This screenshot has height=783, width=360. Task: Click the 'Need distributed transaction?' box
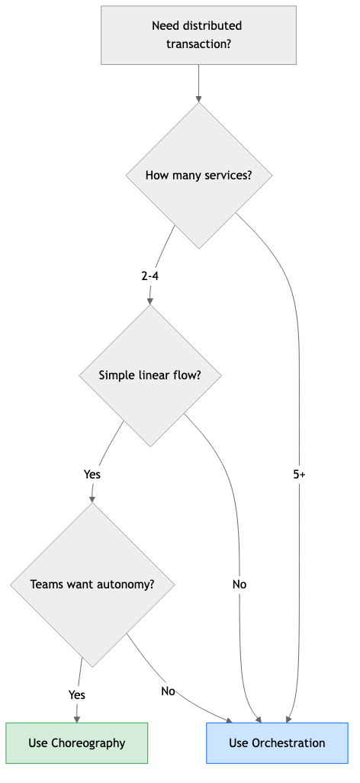tap(198, 35)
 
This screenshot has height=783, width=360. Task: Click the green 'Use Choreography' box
tap(76, 743)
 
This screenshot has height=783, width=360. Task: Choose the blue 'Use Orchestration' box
tap(277, 743)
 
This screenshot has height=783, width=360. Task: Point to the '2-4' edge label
tap(150, 276)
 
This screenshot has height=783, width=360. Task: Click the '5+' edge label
tap(300, 475)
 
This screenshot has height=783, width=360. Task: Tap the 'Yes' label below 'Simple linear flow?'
tap(92, 475)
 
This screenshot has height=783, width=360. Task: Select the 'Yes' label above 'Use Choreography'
tap(76, 694)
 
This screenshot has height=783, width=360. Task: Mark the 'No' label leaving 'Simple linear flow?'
tap(239, 585)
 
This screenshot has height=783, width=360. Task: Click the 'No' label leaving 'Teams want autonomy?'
tap(168, 691)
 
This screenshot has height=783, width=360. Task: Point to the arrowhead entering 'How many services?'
tap(199, 98)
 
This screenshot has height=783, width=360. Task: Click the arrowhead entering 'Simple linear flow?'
tap(150, 301)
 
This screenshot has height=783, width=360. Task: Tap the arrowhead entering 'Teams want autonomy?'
tap(92, 501)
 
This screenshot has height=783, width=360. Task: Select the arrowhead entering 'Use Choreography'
tap(76, 718)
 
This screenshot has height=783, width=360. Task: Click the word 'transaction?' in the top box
tap(199, 44)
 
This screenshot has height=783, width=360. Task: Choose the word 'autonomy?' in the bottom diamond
tap(127, 585)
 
